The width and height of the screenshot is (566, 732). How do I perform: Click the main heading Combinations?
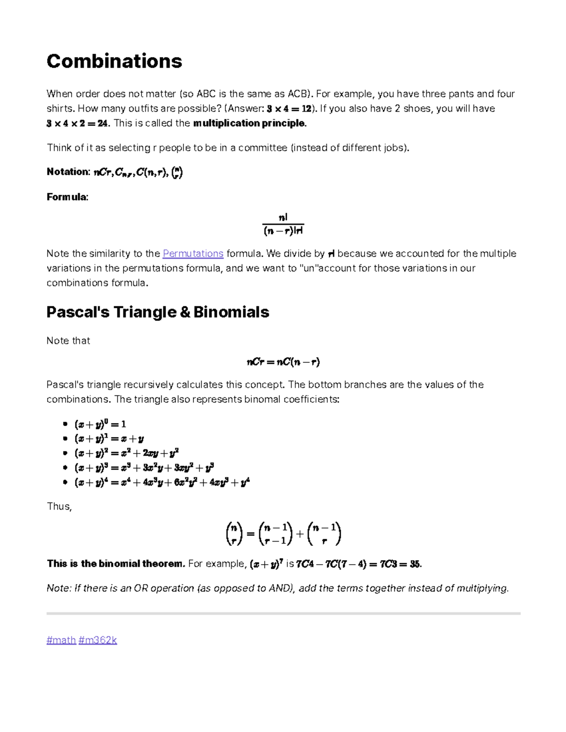point(114,61)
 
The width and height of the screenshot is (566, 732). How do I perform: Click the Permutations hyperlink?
point(193,254)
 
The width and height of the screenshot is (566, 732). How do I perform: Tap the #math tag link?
point(61,640)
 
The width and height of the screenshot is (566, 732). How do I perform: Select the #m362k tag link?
point(98,640)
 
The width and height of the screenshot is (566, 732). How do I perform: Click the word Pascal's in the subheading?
point(78,312)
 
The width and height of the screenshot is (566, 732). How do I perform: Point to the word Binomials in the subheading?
point(231,312)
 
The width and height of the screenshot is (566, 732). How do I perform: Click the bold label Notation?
point(68,172)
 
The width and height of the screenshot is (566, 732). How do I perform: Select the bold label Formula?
point(67,197)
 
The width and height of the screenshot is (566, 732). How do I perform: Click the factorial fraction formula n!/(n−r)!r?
point(283,224)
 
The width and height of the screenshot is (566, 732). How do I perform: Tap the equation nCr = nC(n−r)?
point(283,362)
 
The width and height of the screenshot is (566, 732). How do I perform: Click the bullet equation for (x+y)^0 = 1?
point(100,424)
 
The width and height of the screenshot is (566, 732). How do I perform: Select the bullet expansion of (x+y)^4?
point(162,483)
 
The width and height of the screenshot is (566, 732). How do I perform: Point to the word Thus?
point(58,507)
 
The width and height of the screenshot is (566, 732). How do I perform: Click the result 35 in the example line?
point(415,564)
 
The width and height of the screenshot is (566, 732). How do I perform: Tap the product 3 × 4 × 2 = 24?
point(78,123)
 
